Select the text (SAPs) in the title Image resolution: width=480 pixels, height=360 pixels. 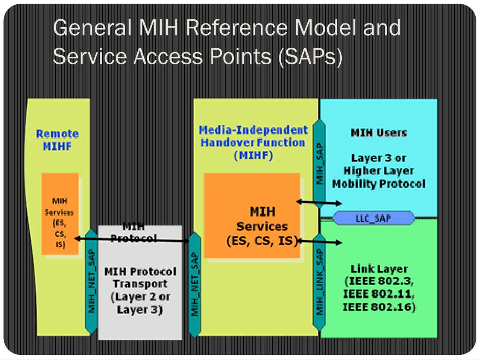310,57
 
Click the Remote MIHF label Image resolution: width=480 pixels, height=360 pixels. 57,140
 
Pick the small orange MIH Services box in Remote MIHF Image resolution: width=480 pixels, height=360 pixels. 60,214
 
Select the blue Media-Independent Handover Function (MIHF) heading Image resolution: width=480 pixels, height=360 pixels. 254,142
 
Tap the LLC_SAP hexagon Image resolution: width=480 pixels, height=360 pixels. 374,218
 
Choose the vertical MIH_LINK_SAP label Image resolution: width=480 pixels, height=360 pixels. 320,281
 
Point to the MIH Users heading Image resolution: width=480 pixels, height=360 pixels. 379,133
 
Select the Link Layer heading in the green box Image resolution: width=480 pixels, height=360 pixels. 379,269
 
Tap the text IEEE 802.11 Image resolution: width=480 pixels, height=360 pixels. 379,295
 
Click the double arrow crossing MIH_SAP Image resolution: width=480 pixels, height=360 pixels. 319,202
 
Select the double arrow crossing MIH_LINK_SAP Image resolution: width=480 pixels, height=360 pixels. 319,242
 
